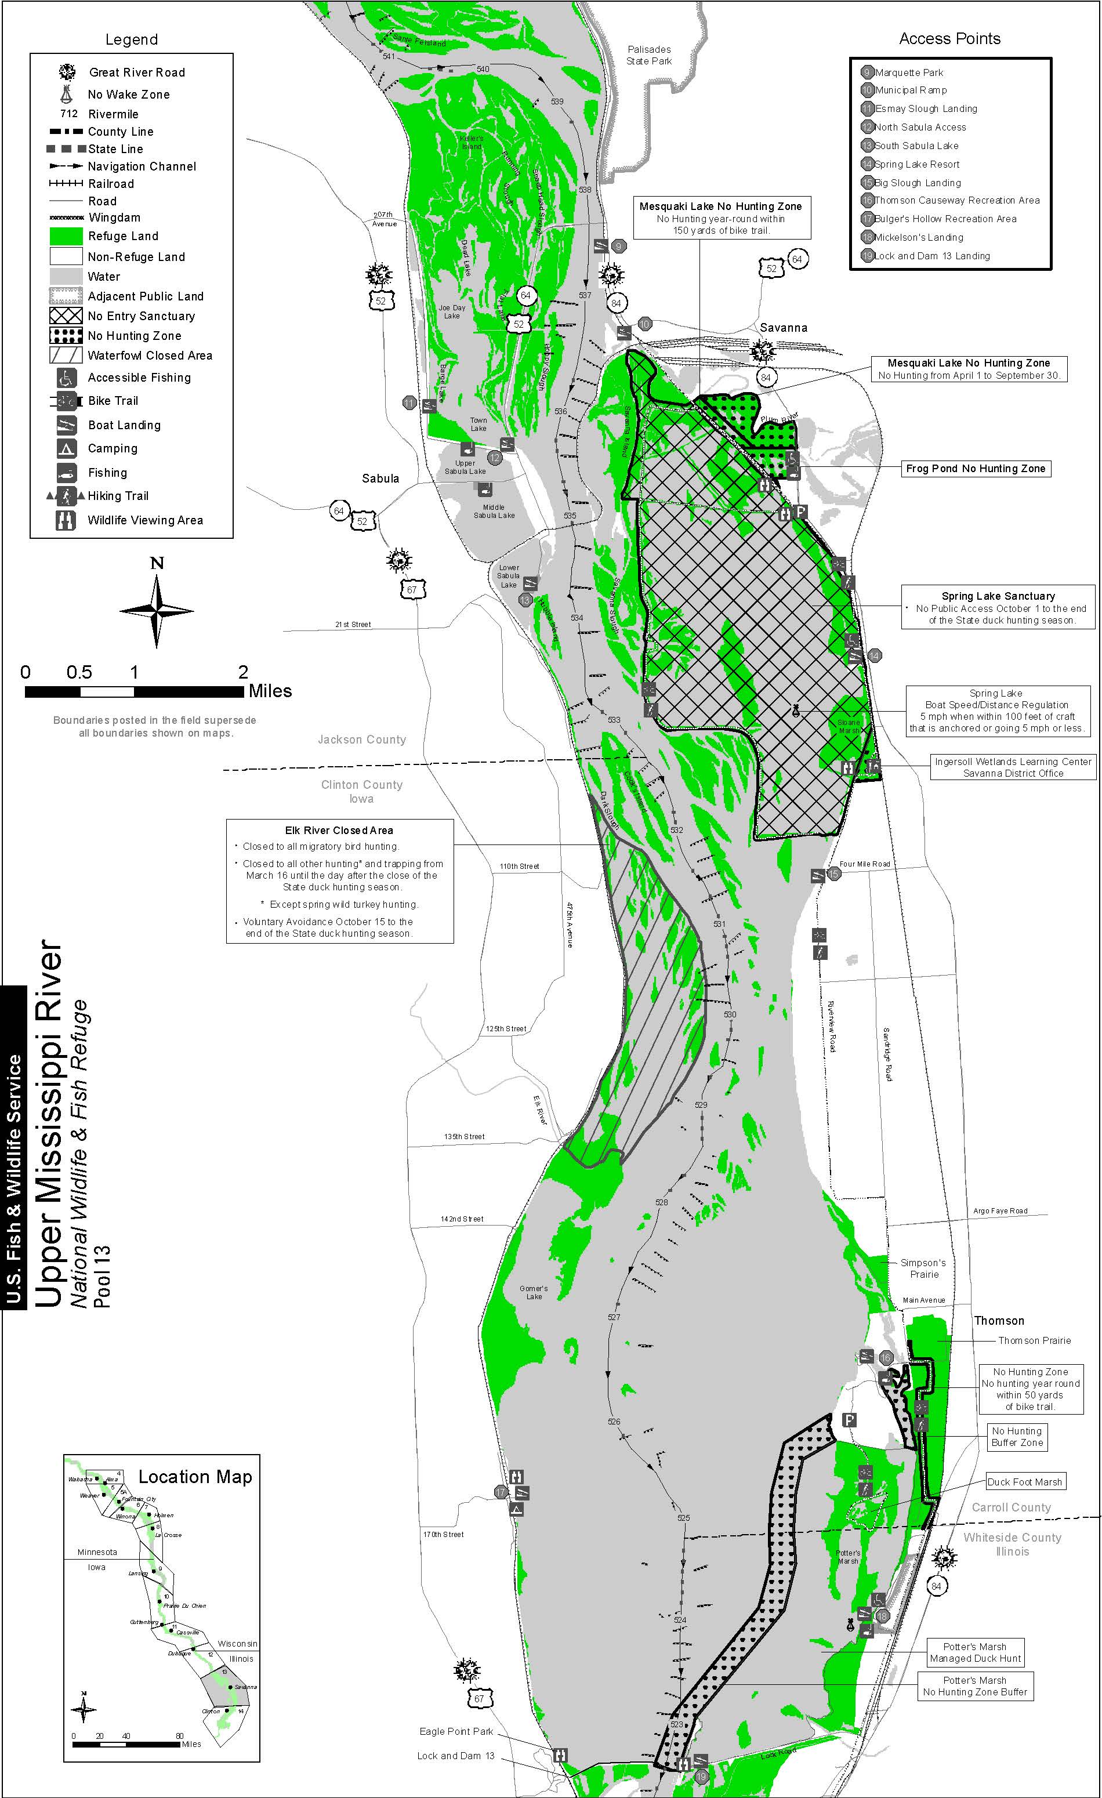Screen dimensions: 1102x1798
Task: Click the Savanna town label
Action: tap(783, 328)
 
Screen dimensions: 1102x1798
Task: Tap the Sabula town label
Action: tap(380, 478)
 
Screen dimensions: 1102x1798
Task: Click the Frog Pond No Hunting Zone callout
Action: tap(975, 469)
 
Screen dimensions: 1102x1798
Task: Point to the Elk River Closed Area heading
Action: tap(339, 831)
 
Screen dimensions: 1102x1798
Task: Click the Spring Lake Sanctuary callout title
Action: tap(998, 596)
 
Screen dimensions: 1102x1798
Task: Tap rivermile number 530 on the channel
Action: tap(730, 1014)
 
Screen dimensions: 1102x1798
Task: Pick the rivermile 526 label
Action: tap(614, 1422)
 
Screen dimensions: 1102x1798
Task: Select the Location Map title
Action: tap(195, 1477)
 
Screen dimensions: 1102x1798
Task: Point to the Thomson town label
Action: tap(998, 1321)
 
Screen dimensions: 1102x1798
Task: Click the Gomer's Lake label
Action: tap(534, 1292)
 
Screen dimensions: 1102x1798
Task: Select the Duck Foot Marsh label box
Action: tap(1025, 1482)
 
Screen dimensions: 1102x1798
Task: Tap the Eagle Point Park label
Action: tap(456, 1732)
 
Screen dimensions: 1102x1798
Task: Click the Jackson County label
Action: tap(361, 739)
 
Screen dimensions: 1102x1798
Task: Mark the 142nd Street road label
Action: tap(462, 1219)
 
